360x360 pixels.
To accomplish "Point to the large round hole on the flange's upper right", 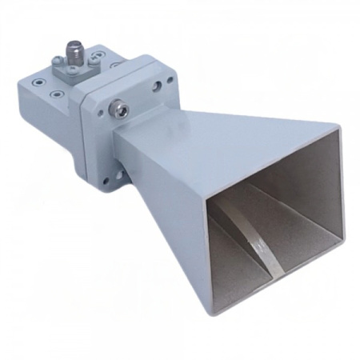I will click(x=169, y=82).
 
